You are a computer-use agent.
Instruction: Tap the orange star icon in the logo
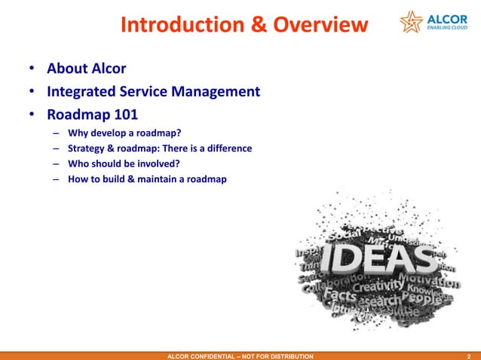[412, 23]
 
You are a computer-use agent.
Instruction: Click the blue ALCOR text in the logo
[448, 18]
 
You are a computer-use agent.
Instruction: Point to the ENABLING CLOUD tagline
[448, 30]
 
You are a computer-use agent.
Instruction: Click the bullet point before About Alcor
[32, 70]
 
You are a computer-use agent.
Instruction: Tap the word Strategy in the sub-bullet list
[90, 148]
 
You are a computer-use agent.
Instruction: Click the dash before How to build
[57, 178]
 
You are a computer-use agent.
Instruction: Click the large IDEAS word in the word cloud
[372, 261]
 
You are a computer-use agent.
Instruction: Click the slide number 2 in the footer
[469, 355]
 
